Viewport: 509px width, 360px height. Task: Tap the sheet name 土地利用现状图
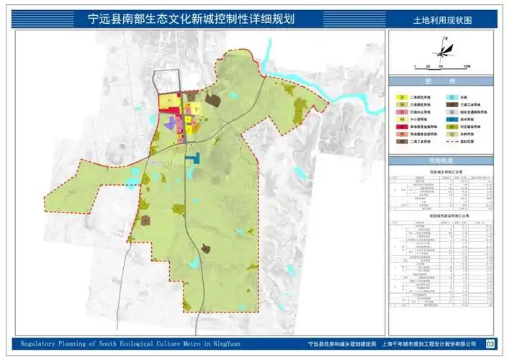[x=443, y=22]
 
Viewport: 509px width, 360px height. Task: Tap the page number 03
[x=490, y=345]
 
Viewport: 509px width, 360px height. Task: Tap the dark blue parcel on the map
[x=192, y=157]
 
